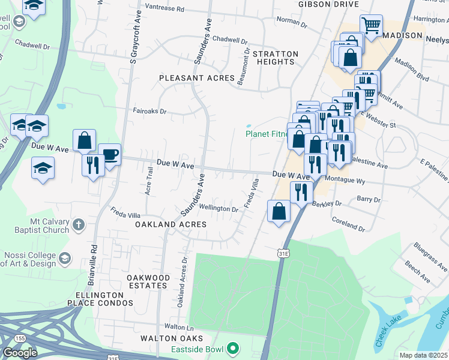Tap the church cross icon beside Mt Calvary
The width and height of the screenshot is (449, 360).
pyautogui.click(x=77, y=226)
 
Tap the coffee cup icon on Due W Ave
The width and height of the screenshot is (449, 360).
pyautogui.click(x=109, y=154)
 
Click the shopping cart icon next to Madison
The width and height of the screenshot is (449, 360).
pyautogui.click(x=372, y=25)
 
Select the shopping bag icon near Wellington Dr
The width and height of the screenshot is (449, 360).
pyautogui.click(x=279, y=211)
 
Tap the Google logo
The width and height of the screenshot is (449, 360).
pyautogui.click(x=20, y=352)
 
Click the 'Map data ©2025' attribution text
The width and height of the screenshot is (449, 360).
pyautogui.click(x=423, y=355)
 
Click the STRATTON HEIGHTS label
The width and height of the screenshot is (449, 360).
pyautogui.click(x=275, y=58)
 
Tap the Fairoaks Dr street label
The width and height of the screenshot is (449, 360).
pyautogui.click(x=149, y=111)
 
